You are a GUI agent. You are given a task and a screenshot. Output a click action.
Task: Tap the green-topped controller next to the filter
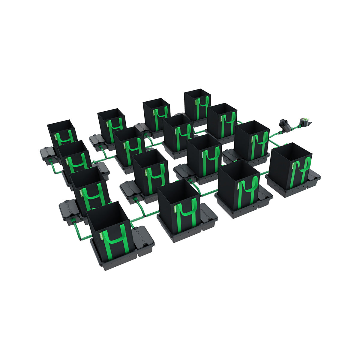pos(304,121)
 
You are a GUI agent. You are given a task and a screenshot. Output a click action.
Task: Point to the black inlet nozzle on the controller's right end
pos(311,122)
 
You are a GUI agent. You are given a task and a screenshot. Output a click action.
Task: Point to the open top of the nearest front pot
pos(109,214)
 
